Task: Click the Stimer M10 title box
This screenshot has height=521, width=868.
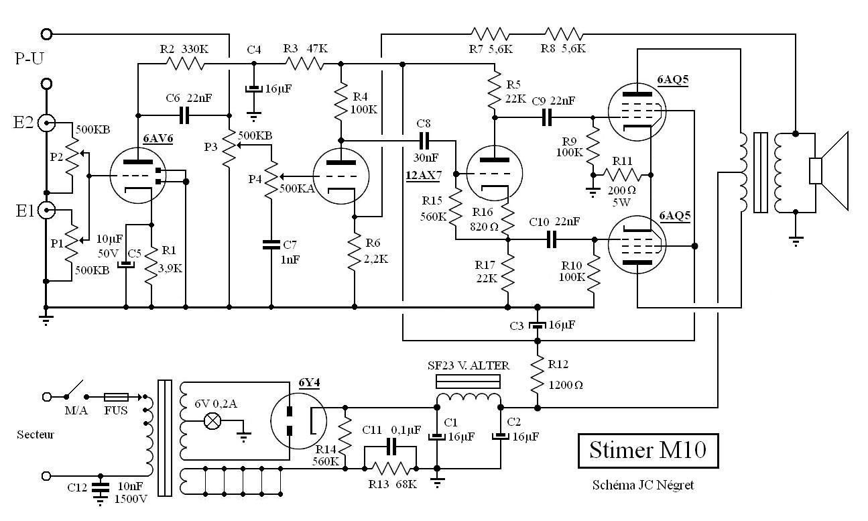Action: click(648, 451)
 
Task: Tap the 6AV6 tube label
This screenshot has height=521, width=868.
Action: click(158, 138)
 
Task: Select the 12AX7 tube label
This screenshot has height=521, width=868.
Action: click(424, 176)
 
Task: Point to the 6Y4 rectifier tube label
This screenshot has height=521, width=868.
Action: click(309, 383)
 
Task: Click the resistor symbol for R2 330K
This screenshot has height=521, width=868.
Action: click(185, 64)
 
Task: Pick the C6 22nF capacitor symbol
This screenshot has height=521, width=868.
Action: click(184, 115)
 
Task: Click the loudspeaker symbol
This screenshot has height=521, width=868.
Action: click(828, 170)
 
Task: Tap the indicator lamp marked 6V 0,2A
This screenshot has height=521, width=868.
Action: click(212, 421)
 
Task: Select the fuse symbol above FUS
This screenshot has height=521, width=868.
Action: click(116, 397)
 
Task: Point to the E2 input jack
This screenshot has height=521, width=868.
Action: click(46, 123)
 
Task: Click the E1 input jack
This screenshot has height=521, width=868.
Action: click(46, 211)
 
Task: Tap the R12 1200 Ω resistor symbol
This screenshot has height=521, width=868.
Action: click(538, 374)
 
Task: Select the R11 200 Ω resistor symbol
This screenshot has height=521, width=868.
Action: click(622, 175)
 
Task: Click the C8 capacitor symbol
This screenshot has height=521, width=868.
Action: click(424, 141)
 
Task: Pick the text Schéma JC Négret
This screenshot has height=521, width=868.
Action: click(643, 485)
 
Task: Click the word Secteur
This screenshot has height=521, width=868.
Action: click(36, 435)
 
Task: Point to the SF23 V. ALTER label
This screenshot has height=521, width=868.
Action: click(468, 365)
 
